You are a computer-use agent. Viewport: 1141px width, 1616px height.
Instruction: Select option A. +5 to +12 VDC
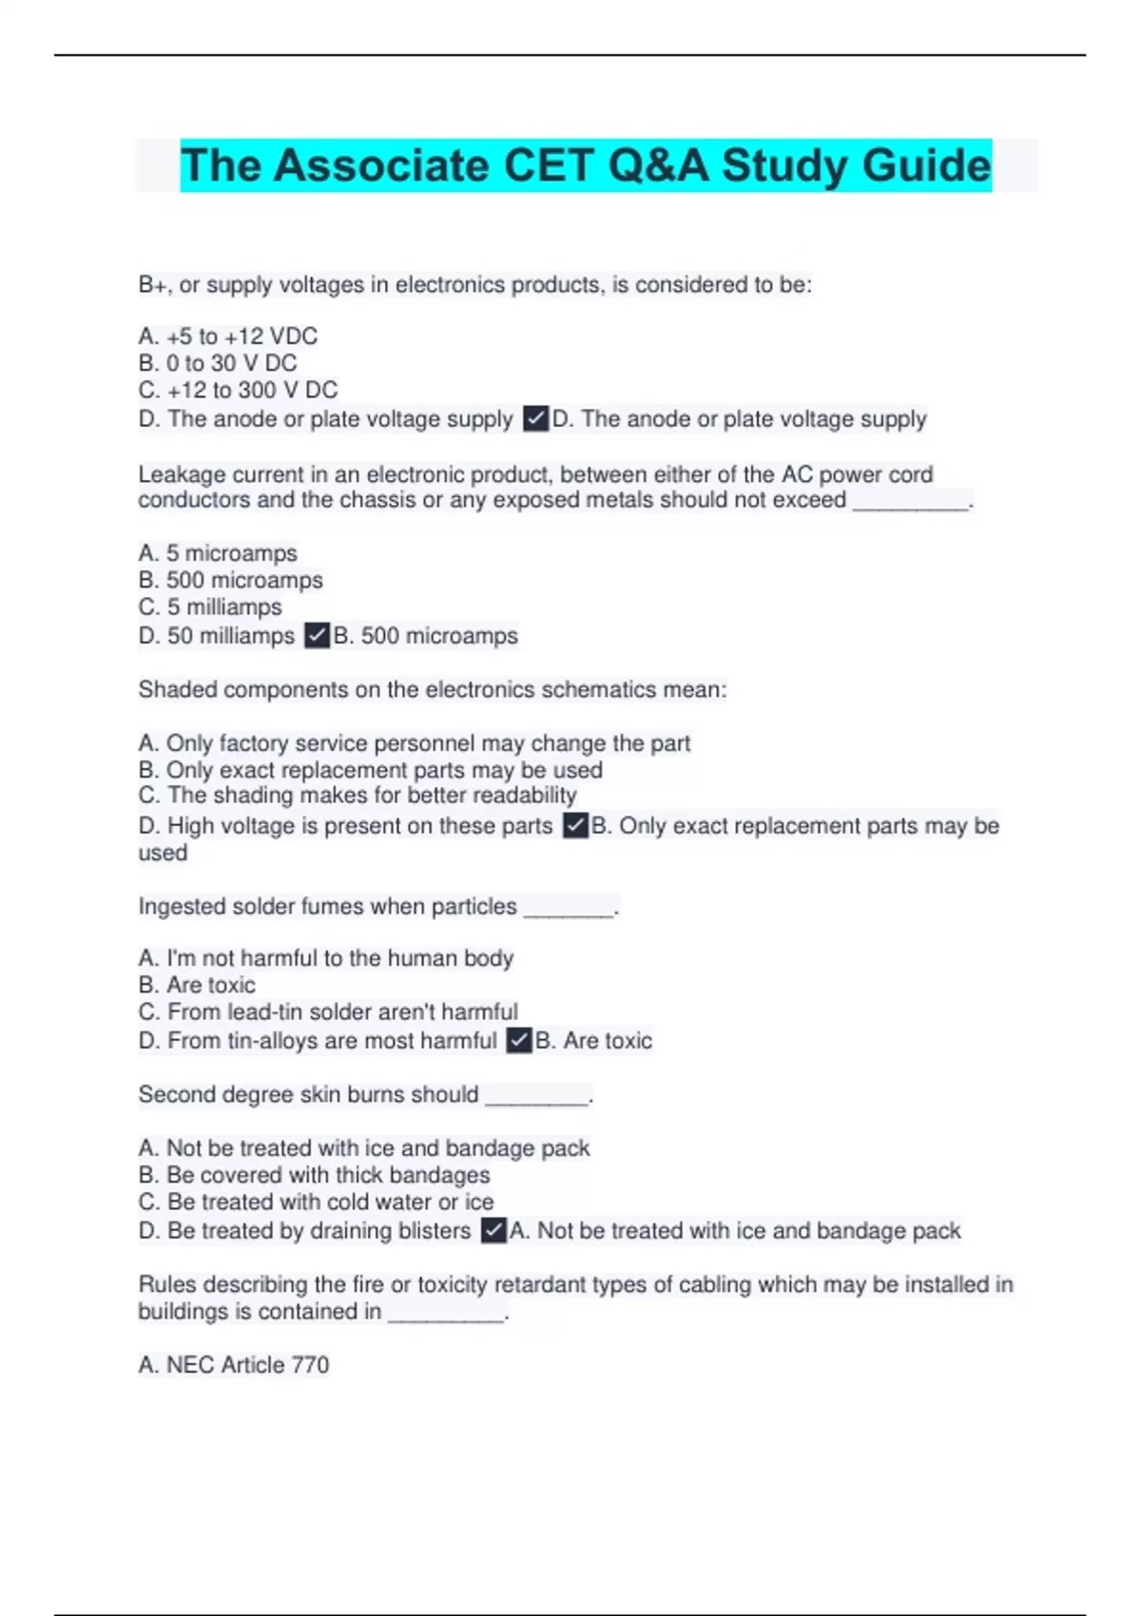228,337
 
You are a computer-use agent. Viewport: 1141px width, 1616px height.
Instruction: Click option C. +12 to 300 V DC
238,390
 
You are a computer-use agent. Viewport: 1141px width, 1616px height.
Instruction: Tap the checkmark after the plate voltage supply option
536,419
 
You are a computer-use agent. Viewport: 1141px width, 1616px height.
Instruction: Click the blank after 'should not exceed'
910,502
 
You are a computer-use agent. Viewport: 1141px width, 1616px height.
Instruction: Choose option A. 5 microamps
218,553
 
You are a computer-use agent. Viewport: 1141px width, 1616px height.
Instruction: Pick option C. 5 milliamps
210,606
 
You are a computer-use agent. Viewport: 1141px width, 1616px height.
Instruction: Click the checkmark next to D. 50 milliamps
318,635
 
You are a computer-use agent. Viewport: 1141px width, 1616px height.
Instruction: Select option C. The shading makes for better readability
358,795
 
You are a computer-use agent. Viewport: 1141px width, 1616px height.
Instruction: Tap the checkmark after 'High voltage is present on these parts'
575,825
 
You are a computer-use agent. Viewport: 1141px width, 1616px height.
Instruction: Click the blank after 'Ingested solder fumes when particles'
569,909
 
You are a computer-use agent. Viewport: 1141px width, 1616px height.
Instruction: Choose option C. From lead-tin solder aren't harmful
328,1011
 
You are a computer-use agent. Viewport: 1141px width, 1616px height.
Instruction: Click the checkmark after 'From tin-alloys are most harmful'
519,1040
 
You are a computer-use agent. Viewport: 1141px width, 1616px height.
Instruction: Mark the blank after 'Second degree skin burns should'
537,1097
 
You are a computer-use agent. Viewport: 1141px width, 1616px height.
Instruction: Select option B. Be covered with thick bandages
314,1175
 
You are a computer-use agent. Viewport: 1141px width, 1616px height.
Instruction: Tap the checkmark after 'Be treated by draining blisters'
493,1230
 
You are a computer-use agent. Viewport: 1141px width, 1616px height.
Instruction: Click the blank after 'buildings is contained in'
446,1314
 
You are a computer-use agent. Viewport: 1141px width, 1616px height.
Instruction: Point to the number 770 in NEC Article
310,1365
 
